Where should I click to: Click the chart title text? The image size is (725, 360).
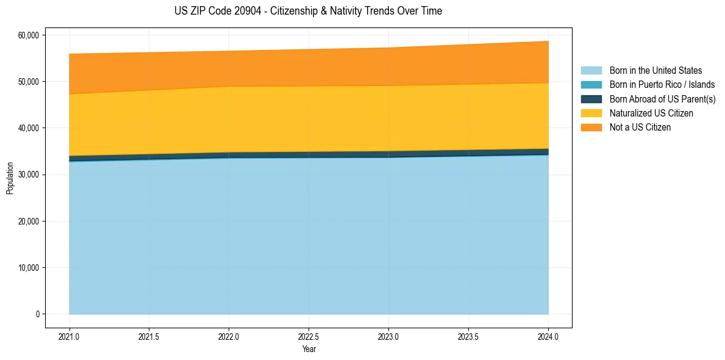[308, 11]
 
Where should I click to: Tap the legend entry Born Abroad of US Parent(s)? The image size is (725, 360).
[662, 99]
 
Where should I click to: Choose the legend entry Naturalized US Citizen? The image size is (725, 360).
[651, 113]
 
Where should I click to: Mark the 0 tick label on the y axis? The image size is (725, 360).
[37, 314]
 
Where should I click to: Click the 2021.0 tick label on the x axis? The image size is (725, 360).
[70, 336]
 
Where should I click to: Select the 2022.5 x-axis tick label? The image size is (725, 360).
[309, 336]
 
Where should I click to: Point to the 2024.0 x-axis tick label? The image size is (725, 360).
[548, 336]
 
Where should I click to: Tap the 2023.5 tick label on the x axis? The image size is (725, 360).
[468, 336]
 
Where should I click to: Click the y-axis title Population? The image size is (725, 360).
[10, 178]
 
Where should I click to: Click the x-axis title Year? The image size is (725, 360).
[309, 350]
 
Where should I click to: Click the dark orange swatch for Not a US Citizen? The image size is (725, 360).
[591, 128]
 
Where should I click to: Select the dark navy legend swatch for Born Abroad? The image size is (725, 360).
[591, 99]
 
